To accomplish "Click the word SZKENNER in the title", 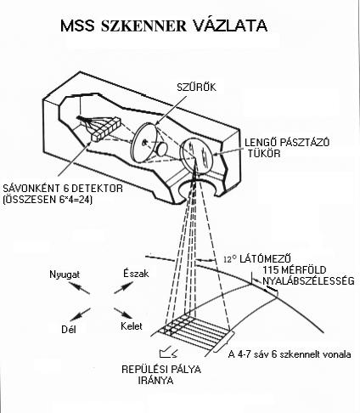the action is pyautogui.click(x=143, y=25).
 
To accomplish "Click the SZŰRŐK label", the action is pyautogui.click(x=196, y=88).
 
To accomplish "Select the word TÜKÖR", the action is pyautogui.click(x=264, y=154).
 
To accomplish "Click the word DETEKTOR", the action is pyautogui.click(x=98, y=189).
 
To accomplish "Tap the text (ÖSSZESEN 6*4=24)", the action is pyautogui.click(x=48, y=200).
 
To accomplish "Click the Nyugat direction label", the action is pyautogui.click(x=65, y=274).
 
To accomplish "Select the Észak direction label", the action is pyautogui.click(x=136, y=273).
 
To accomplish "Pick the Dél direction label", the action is pyautogui.click(x=69, y=330).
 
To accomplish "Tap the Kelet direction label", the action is pyautogui.click(x=132, y=326).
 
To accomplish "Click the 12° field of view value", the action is pyautogui.click(x=230, y=259).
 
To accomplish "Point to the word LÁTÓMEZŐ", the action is pyautogui.click(x=266, y=258).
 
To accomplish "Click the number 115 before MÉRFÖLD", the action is pyautogui.click(x=271, y=269).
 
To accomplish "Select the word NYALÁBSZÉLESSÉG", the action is pyautogui.click(x=308, y=280).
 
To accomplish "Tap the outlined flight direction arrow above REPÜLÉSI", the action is pyautogui.click(x=169, y=353).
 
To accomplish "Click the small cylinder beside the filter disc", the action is pyautogui.click(x=162, y=149).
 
